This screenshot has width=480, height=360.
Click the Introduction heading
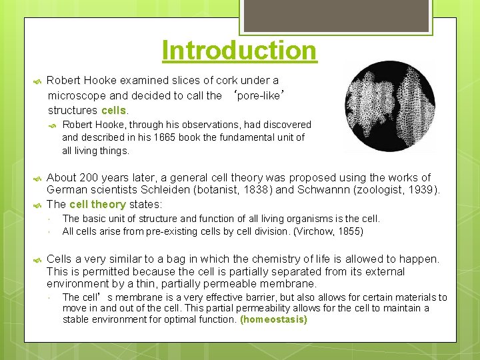coord(239,51)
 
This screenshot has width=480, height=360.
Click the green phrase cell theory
coord(97,205)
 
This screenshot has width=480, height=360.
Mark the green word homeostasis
coord(273,320)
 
